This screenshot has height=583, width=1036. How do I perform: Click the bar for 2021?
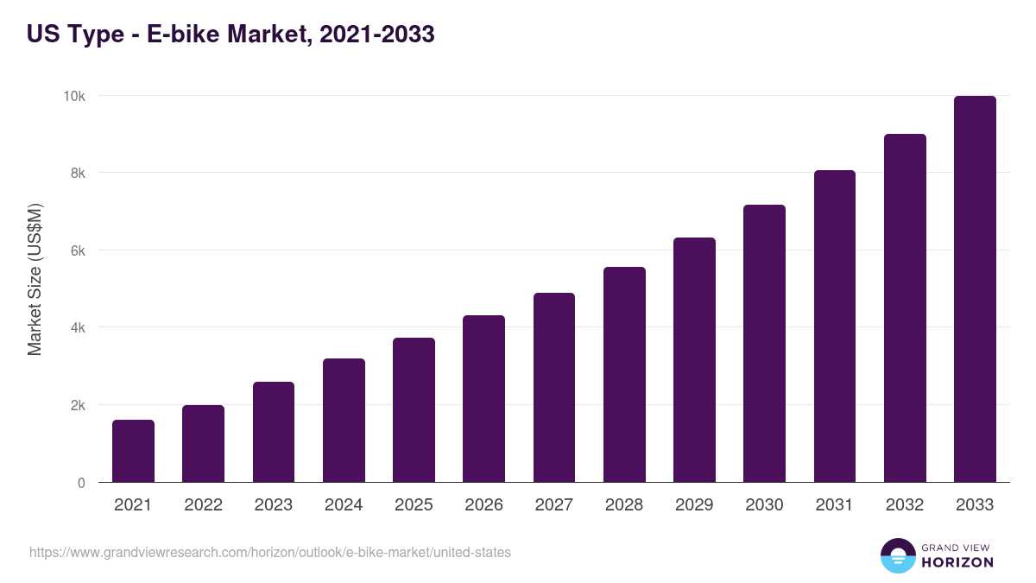[x=133, y=451]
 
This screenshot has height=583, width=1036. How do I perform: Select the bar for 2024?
[x=344, y=421]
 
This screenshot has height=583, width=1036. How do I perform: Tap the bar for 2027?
[x=554, y=388]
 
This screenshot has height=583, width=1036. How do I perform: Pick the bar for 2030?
[x=764, y=344]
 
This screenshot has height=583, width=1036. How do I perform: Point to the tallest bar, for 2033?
[x=975, y=289]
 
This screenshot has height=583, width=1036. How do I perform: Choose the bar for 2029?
[x=694, y=360]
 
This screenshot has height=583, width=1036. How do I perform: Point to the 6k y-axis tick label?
[x=77, y=250]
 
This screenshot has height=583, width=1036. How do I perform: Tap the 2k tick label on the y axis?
[x=77, y=405]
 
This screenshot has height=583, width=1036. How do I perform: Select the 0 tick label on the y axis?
[x=81, y=483]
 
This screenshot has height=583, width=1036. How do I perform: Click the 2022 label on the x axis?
[x=203, y=505]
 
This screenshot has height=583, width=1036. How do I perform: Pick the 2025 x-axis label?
[x=414, y=505]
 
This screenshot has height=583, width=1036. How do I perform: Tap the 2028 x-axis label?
[x=624, y=505]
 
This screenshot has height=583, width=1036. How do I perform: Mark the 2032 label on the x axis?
[x=905, y=505]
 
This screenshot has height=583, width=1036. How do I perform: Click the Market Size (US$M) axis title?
[x=35, y=279]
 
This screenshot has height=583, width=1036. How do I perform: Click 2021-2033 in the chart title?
[x=376, y=35]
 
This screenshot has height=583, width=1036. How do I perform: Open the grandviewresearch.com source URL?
[x=270, y=552]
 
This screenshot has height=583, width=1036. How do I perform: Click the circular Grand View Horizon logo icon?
[x=897, y=555]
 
